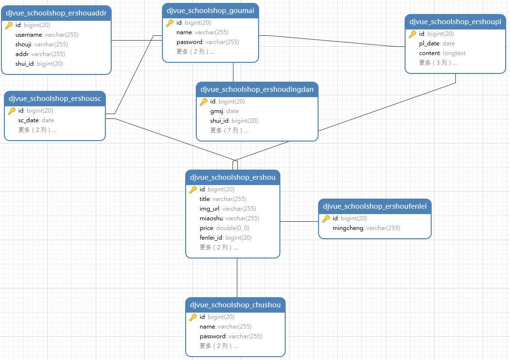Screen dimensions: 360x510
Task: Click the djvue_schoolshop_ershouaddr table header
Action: click(x=57, y=13)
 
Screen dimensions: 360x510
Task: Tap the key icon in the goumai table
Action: click(x=170, y=23)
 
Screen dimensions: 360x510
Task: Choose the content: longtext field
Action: click(x=442, y=53)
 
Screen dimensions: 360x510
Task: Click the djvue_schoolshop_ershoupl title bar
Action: click(x=455, y=22)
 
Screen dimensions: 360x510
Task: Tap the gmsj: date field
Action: click(x=224, y=111)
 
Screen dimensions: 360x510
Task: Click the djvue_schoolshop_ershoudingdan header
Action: click(x=257, y=89)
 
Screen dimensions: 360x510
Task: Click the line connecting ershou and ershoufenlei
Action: click(x=299, y=221)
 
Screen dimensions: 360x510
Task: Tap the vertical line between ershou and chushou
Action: click(x=237, y=278)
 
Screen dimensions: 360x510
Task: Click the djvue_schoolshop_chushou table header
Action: click(x=235, y=305)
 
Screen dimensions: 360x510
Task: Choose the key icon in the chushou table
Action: click(x=193, y=317)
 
